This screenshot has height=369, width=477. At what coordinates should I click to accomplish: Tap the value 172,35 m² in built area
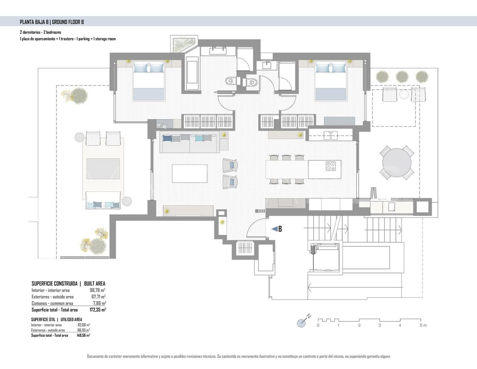click(x=97, y=309)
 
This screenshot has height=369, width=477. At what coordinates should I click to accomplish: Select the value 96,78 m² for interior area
click(x=97, y=290)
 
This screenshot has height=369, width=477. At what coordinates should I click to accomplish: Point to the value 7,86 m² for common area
click(x=98, y=303)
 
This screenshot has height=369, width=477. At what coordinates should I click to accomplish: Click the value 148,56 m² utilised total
click(x=83, y=335)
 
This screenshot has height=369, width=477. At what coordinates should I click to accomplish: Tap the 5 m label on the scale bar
click(x=423, y=326)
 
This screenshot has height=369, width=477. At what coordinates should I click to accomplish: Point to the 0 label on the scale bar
click(x=318, y=326)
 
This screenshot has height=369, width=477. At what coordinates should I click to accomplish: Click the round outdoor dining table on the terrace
click(x=397, y=162)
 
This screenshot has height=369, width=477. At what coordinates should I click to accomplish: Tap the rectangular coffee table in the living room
click(x=189, y=173)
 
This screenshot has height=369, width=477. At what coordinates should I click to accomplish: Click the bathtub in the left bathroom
click(x=192, y=72)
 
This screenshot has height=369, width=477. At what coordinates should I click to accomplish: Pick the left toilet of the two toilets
click(x=230, y=81)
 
